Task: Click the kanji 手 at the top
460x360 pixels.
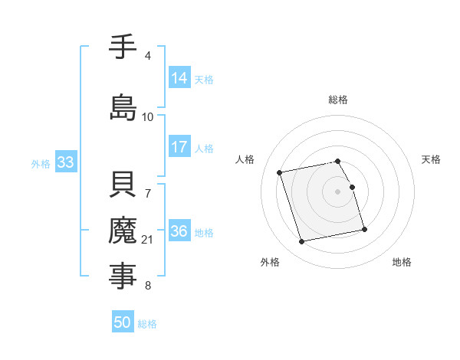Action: [123, 47]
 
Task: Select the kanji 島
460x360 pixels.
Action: [123, 107]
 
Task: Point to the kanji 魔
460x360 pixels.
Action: [123, 231]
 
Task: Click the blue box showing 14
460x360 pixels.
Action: [179, 78]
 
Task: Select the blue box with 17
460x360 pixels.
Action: [179, 147]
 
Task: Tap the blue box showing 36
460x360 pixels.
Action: [179, 231]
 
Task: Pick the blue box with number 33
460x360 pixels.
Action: [65, 162]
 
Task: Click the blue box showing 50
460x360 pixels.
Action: [123, 322]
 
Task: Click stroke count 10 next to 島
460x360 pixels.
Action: [148, 117]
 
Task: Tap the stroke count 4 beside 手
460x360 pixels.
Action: [148, 56]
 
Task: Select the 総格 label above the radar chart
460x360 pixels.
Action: [338, 100]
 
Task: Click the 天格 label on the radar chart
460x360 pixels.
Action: [432, 159]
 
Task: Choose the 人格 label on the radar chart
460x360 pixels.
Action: [245, 159]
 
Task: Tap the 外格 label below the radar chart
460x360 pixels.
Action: [270, 262]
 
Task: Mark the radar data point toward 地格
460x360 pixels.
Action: [364, 229]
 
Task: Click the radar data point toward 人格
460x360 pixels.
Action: [280, 172]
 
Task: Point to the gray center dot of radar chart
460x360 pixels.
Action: [338, 191]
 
